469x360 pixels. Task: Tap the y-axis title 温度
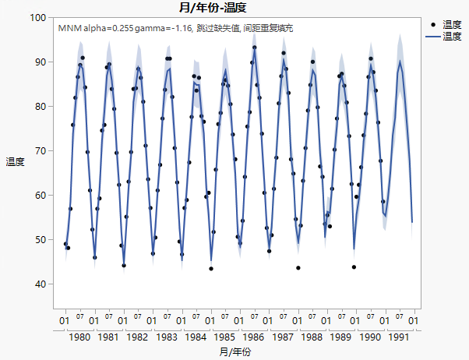[15, 162]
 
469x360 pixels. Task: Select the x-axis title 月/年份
[236, 352]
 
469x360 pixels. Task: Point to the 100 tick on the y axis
[37, 17]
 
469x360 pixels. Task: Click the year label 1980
[80, 337]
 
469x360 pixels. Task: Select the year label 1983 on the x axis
[167, 337]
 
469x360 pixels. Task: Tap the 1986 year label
[253, 337]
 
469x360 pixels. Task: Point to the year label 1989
[340, 337]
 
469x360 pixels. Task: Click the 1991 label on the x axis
[397, 337]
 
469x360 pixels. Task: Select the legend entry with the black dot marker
[445, 25]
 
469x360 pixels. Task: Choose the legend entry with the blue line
[445, 36]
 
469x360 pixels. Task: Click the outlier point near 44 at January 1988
[298, 268]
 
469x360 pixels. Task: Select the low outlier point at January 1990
[354, 267]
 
